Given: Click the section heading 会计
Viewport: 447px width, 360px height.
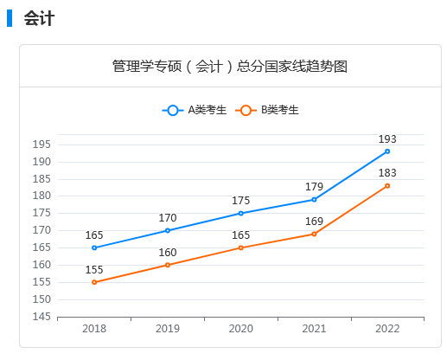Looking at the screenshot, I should [40, 18].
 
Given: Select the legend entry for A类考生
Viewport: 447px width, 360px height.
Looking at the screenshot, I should [195, 110].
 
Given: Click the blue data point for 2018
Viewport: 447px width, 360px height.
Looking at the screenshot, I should [94, 247].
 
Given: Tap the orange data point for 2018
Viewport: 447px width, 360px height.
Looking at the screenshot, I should [94, 282].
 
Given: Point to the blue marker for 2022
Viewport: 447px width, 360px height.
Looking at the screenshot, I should [387, 151].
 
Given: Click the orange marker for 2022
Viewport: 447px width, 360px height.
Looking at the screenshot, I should [387, 186].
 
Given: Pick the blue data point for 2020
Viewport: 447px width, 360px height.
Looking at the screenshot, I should [240, 213].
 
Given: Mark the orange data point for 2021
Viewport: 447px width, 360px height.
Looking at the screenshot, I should [314, 234].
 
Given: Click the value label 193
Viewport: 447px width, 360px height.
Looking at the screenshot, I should [387, 138].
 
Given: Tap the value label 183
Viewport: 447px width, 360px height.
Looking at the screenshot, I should [387, 173].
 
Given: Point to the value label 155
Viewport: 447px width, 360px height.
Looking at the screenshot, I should [94, 269].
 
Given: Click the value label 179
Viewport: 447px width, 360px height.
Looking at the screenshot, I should [314, 186].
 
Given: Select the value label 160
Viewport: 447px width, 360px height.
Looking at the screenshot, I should [168, 252].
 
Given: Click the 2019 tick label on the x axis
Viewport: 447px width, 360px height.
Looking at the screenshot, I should [168, 329].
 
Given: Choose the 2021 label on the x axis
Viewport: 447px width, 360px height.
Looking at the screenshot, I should [314, 329].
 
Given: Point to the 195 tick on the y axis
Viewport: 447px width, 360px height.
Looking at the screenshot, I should [42, 145].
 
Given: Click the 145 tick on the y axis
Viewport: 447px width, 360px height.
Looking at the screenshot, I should [42, 317].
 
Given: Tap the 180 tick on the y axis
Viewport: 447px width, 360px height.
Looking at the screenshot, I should [42, 196].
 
